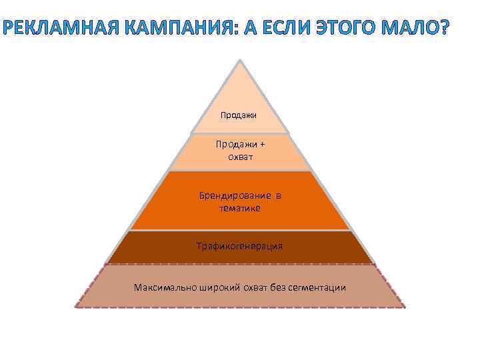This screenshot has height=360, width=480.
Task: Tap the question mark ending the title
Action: [445, 28]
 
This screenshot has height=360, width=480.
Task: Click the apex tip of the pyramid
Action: [240, 60]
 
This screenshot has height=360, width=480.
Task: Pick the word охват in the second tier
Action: [239, 157]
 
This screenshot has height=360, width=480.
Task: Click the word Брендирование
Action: [235, 195]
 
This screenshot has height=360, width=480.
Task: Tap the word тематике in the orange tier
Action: [239, 208]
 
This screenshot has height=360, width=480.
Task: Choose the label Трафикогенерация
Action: [239, 246]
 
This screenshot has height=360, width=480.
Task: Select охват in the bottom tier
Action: [254, 287]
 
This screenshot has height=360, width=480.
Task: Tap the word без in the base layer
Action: [278, 287]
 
